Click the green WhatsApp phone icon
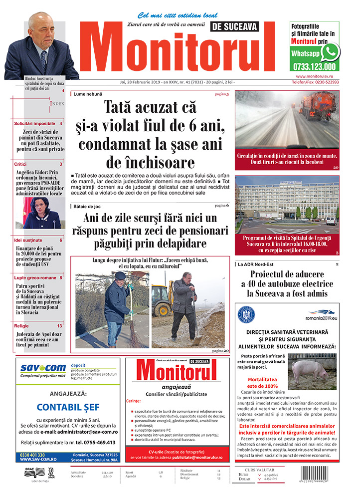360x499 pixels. coord(330,51)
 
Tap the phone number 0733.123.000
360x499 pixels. coord(315,66)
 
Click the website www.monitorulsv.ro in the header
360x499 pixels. coord(315,76)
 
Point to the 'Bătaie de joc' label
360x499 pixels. coord(89,206)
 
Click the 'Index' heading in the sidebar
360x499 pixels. coord(57,103)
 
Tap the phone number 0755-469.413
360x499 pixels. coord(95,442)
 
